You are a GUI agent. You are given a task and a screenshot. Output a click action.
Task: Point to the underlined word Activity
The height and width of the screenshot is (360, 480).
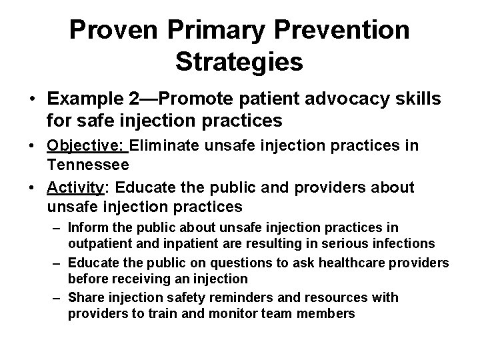click(x=71, y=188)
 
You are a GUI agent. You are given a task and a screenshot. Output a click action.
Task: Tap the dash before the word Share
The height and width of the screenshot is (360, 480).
click(x=58, y=297)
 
